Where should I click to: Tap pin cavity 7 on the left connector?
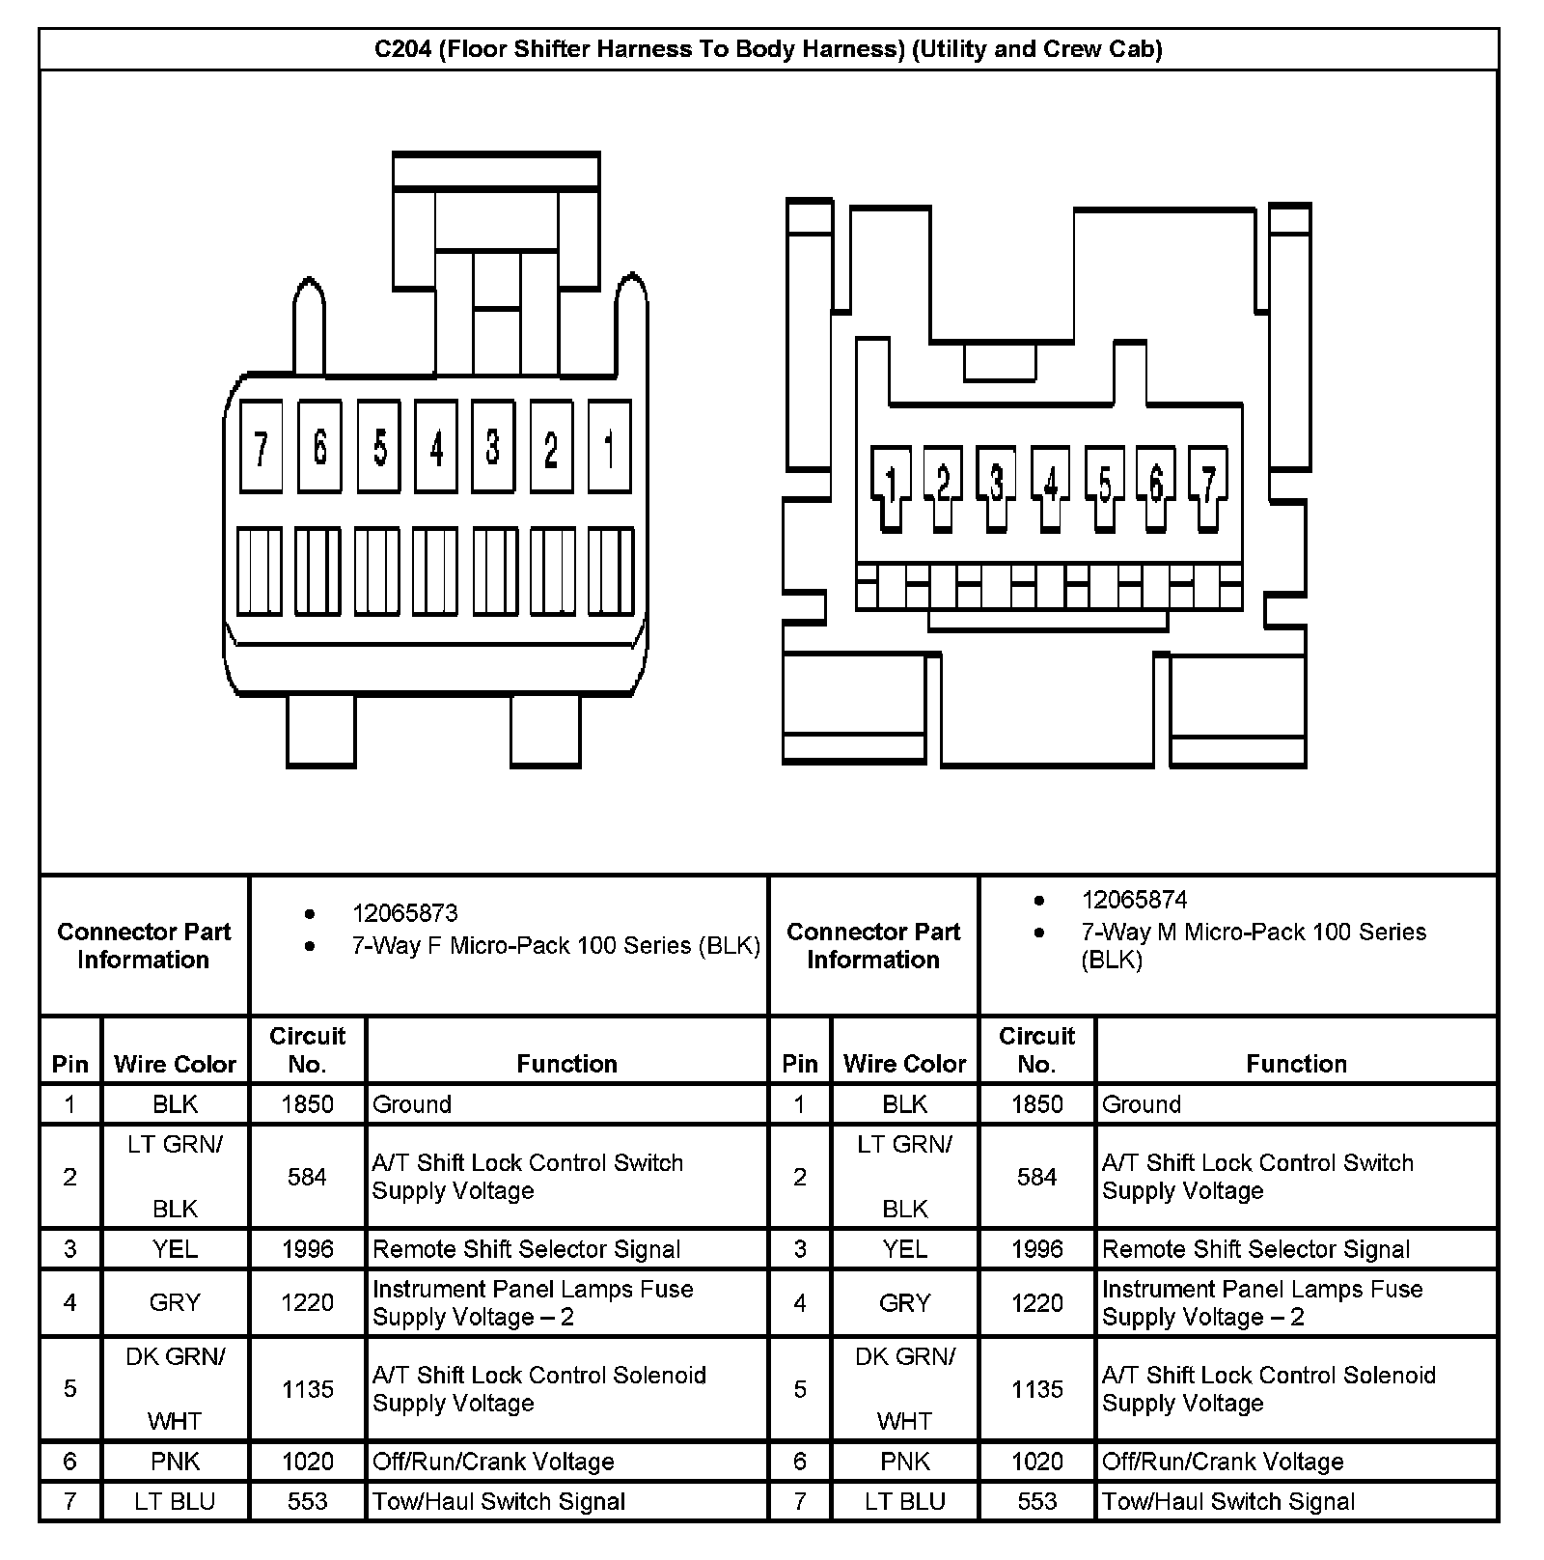(x=261, y=448)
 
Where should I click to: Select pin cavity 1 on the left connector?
(x=609, y=448)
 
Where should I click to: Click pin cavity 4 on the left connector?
(x=436, y=448)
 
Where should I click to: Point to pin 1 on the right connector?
(x=891, y=484)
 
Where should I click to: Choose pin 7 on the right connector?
(x=1207, y=484)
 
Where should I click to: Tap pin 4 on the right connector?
(x=1050, y=484)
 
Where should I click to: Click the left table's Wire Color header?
(x=175, y=1064)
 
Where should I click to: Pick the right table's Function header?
(x=1296, y=1064)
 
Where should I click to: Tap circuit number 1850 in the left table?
(x=307, y=1104)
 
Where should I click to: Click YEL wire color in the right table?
(x=904, y=1249)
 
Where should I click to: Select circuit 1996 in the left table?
(x=307, y=1249)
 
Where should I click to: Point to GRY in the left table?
(x=175, y=1302)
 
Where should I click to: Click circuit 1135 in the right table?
(x=1036, y=1389)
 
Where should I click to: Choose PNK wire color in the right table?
(x=904, y=1462)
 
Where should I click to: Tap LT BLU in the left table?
(x=175, y=1501)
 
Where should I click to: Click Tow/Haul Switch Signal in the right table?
(x=1227, y=1501)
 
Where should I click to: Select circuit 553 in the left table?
(x=307, y=1501)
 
